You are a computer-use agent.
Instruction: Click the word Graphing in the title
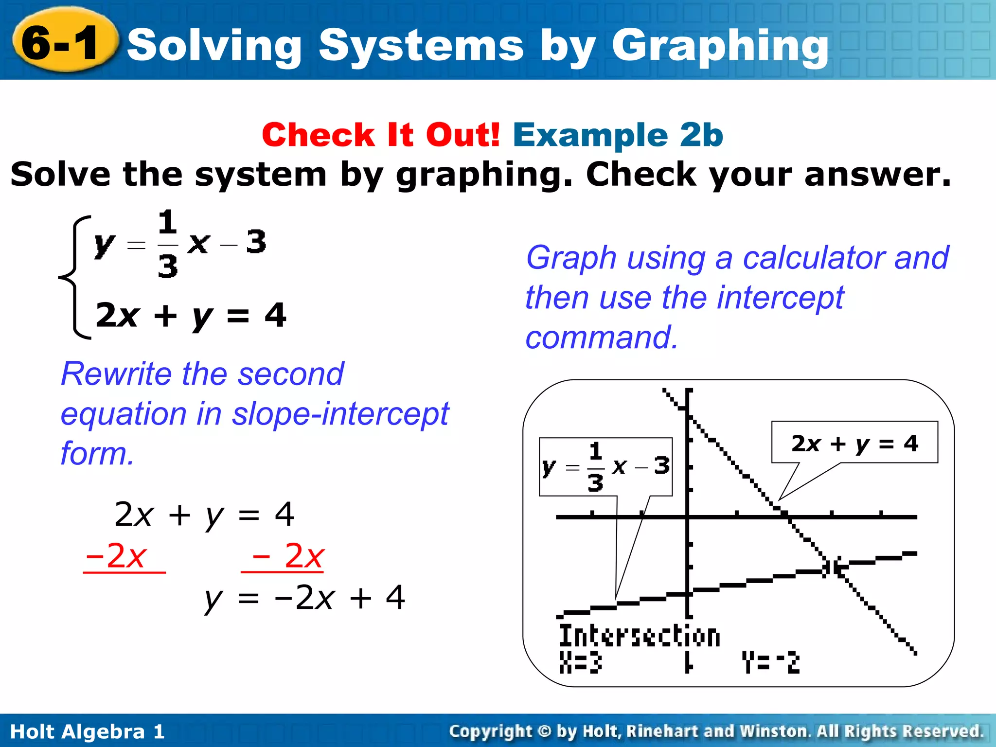point(720,46)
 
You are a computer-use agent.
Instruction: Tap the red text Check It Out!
point(381,135)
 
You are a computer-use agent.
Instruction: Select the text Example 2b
point(618,135)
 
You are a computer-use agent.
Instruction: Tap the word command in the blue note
point(602,338)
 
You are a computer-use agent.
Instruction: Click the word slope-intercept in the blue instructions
point(340,414)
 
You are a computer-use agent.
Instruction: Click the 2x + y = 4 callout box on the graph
point(854,443)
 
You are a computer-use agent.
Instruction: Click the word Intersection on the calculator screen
point(639,637)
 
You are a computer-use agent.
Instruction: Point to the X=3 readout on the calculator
point(580,662)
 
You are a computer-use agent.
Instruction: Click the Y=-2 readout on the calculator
point(771,662)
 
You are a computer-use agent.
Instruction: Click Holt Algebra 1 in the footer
point(88,731)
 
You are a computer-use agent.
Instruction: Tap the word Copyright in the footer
point(491,731)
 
